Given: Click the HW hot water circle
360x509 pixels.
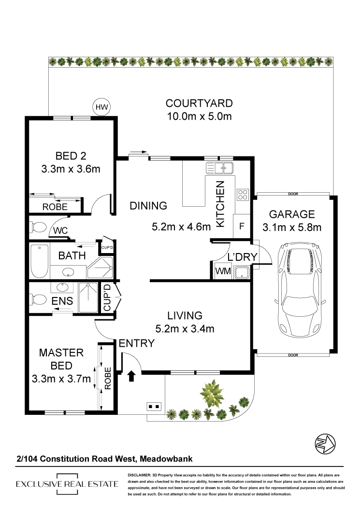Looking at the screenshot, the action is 101,107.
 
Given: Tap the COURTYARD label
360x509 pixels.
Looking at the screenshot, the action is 199,103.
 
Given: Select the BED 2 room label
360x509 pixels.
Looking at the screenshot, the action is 71,156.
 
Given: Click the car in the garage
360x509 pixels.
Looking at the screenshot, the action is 300,290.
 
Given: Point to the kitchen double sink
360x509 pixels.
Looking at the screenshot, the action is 219,168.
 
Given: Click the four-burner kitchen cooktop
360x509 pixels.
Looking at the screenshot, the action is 243,195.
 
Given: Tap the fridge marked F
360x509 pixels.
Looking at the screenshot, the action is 242,226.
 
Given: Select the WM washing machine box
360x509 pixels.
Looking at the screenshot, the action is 223,271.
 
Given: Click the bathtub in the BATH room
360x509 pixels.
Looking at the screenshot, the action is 39,261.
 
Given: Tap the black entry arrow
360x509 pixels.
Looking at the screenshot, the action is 131,376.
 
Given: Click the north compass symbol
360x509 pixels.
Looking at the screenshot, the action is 325,444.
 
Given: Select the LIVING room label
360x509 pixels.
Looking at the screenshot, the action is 185,315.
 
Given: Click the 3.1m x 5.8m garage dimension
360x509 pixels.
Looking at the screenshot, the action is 292,227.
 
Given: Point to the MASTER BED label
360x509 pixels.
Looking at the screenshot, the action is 61,359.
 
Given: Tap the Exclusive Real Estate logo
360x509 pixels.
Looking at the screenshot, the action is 67,484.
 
